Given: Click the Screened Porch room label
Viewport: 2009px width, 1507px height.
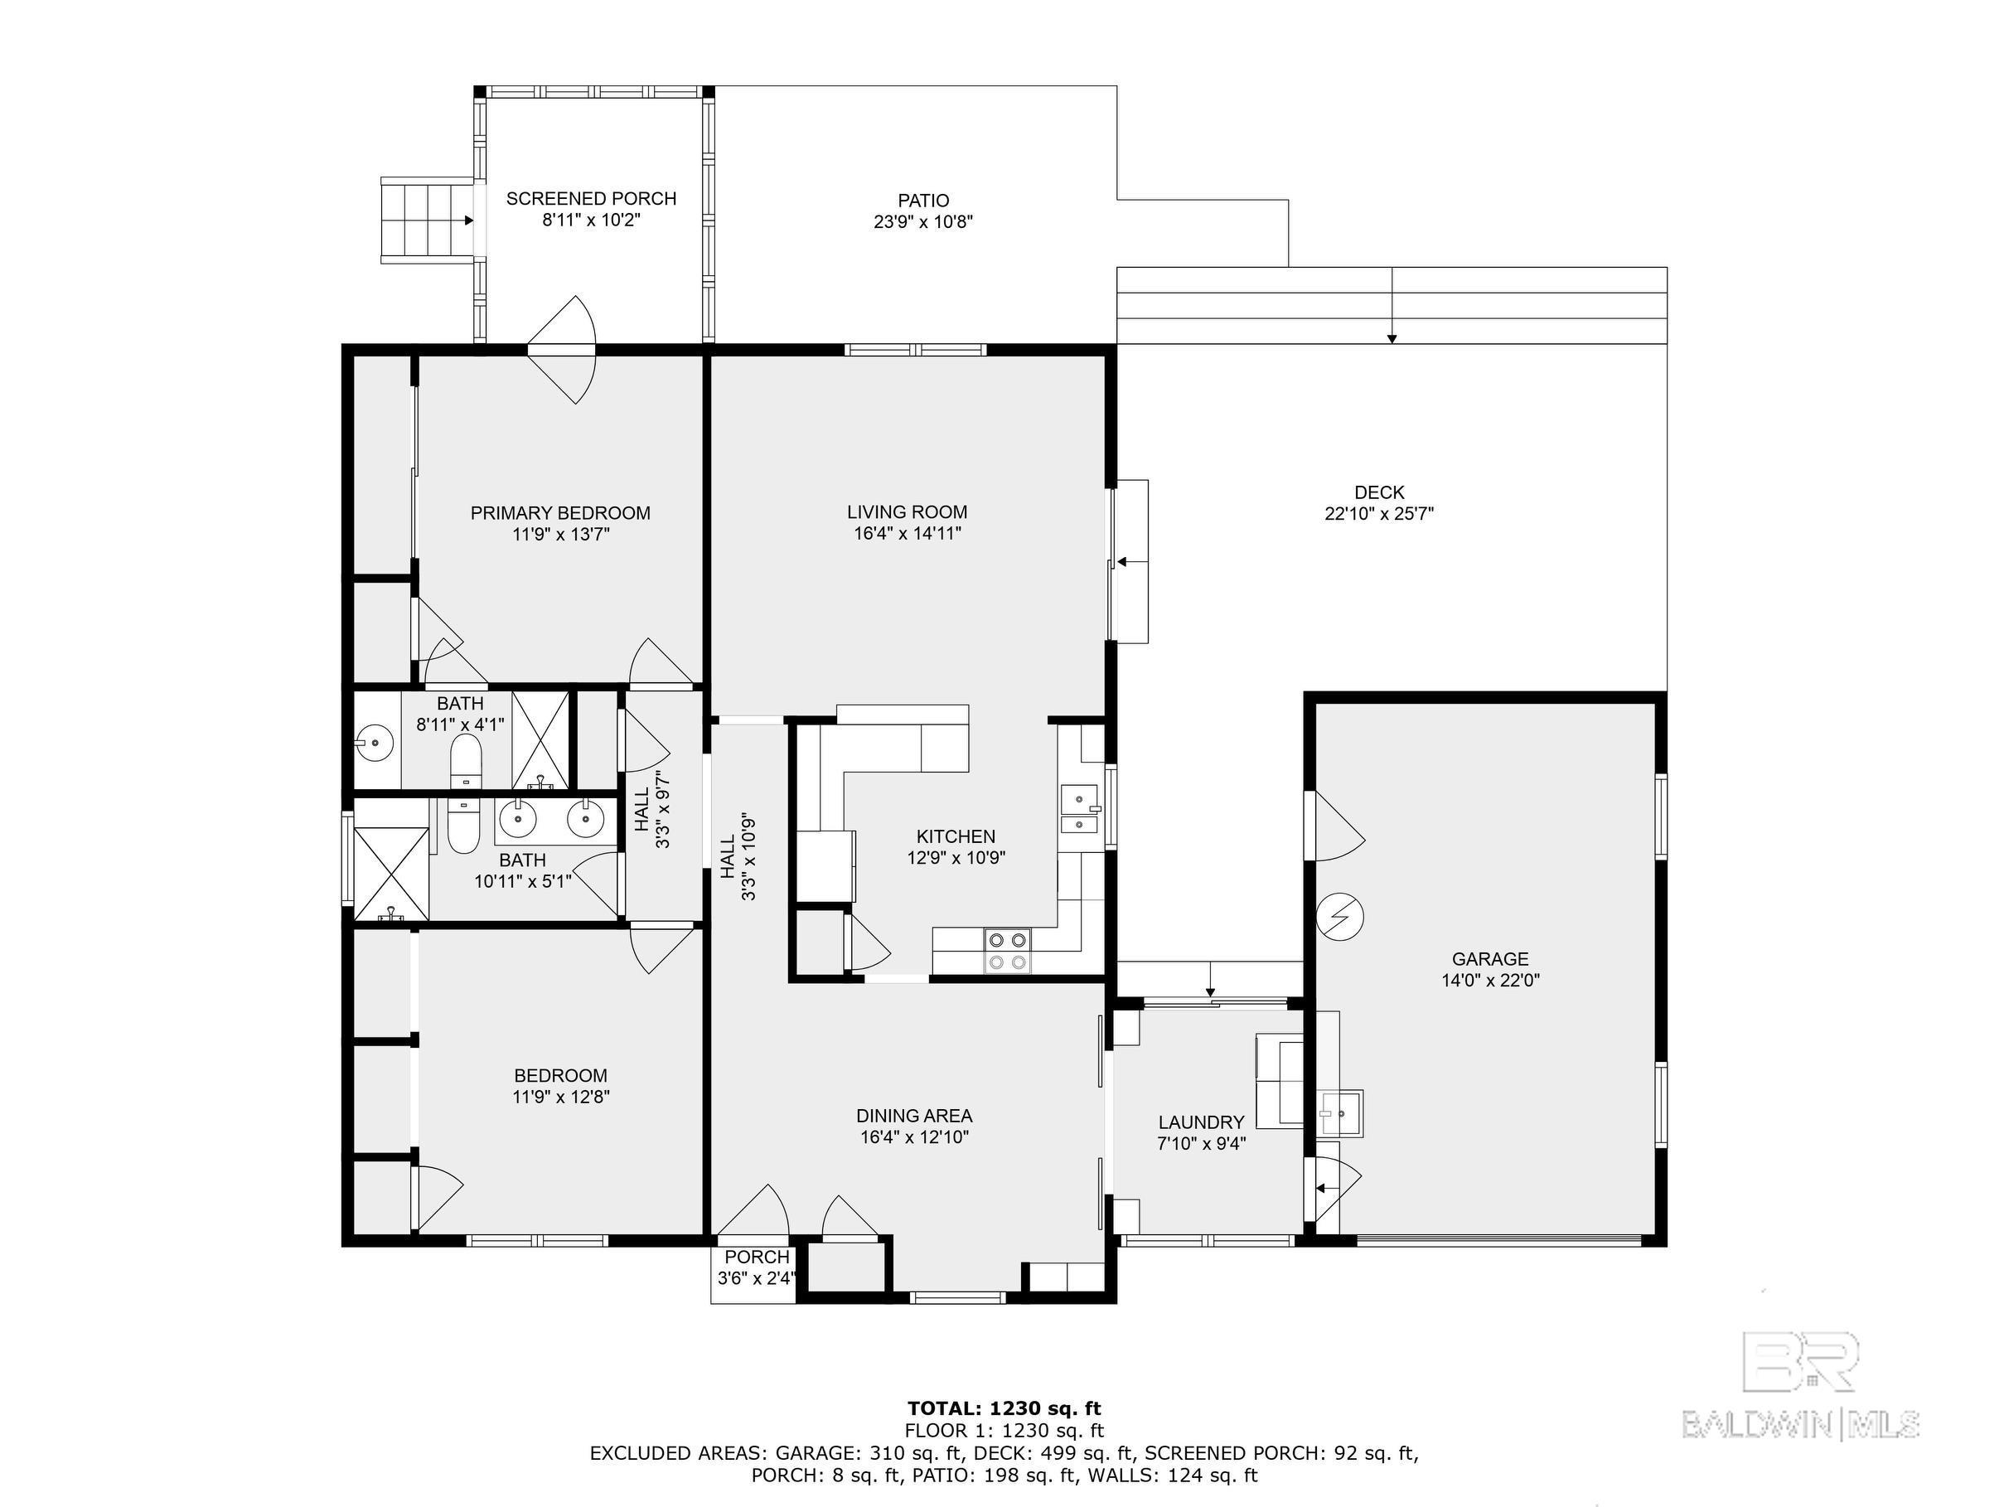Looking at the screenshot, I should pos(590,198).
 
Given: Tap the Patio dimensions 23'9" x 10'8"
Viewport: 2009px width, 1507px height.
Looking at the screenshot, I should pos(922,221).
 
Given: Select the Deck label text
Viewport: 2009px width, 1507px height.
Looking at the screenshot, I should pos(1378,492).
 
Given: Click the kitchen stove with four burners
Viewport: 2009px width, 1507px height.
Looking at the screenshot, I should pos(1007,951).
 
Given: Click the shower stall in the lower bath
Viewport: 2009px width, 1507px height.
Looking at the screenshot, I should pos(390,871).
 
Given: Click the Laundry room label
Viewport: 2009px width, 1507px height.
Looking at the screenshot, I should pos(1201,1122).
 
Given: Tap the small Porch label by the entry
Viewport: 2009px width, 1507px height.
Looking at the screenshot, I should pos(757,1257).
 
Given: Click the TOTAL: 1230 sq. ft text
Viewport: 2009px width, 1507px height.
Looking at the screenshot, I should pos(1004,1409).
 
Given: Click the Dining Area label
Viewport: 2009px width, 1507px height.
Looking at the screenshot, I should pos(913,1116).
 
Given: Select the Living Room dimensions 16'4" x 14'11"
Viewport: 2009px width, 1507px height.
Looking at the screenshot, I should pos(908,534).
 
